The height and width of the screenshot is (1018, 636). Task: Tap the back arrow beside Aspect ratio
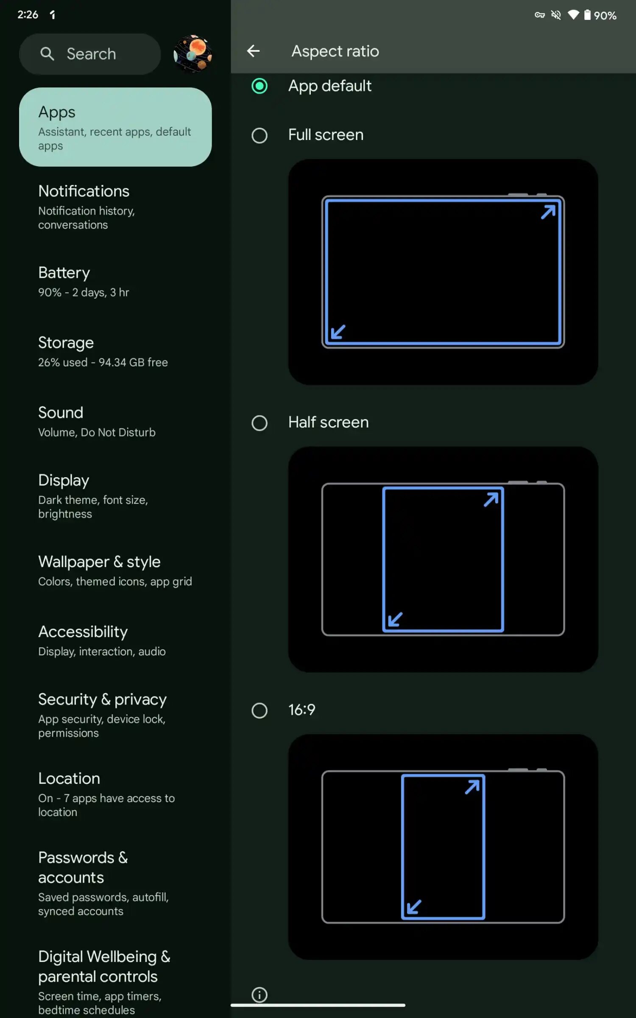253,51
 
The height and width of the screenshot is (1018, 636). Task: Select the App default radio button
259,86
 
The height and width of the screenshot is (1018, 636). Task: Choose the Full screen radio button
259,136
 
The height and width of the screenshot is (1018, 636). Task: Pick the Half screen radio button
259,423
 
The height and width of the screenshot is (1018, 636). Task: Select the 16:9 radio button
259,710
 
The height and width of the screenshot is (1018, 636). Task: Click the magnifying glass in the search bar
47,54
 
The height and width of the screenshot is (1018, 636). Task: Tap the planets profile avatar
193,54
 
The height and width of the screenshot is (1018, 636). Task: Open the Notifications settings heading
84,191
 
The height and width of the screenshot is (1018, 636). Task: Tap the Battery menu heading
64,273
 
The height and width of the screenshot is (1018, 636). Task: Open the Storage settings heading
66,343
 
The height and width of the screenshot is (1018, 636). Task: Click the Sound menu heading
61,413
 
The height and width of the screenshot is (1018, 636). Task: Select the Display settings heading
64,481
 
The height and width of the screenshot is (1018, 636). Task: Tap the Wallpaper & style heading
99,562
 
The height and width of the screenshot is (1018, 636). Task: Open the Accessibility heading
83,632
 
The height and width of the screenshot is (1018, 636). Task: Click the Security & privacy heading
103,699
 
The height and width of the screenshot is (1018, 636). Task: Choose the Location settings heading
69,779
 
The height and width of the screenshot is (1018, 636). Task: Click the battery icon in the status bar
587,15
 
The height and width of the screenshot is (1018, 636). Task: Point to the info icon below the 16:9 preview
259,995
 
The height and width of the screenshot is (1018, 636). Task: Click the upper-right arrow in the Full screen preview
548,212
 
